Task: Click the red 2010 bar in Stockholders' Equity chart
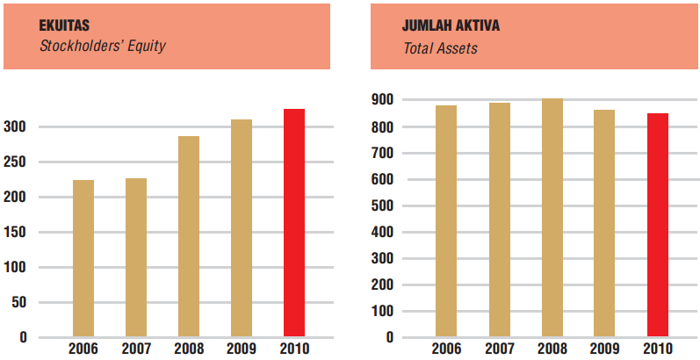[x=293, y=223]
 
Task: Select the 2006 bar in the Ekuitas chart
[x=83, y=258]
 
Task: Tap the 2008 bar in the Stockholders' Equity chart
[x=188, y=236]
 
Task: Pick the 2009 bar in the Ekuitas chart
[x=241, y=228]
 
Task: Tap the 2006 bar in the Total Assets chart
[x=446, y=221]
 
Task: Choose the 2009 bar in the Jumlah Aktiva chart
[x=604, y=223]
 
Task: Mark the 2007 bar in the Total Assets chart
[x=499, y=220]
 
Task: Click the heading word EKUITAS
[x=66, y=25]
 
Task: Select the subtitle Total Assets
[x=440, y=48]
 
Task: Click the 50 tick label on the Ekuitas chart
[x=20, y=303]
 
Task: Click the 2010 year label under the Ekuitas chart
[x=294, y=349]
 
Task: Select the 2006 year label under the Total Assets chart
[x=447, y=349]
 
